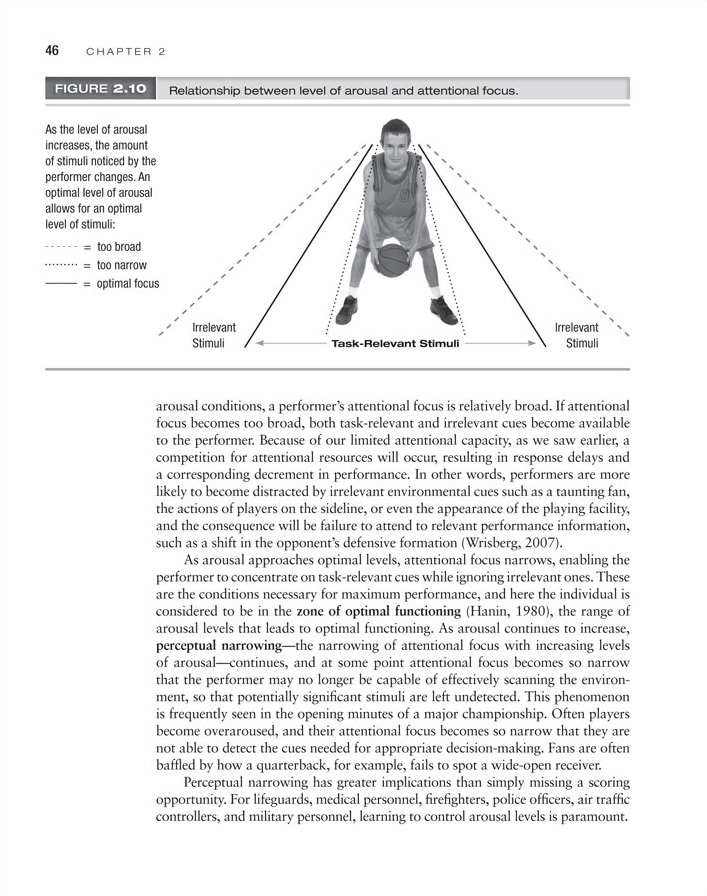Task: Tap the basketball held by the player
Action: click(392, 262)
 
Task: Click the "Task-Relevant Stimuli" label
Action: click(395, 344)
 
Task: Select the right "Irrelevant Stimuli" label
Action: click(577, 335)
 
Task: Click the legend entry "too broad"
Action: click(119, 246)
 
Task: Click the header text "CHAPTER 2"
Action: click(125, 50)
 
